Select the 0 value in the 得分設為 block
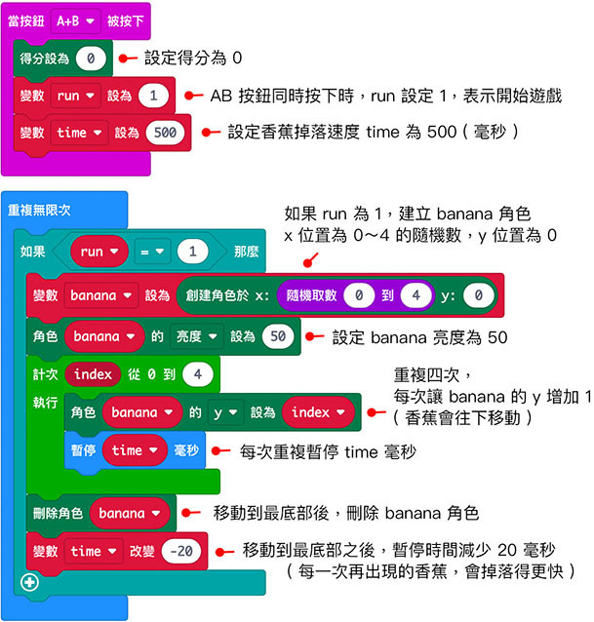coord(90,58)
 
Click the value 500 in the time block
coord(165,133)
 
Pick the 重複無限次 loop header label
coord(39,210)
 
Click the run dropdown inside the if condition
coord(99,252)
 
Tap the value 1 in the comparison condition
coord(194,252)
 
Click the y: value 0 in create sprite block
coord(478,295)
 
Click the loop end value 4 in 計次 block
coord(198,374)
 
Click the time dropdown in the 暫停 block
coord(134,450)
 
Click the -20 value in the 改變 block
coord(181,551)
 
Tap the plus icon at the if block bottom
coord(26,582)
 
